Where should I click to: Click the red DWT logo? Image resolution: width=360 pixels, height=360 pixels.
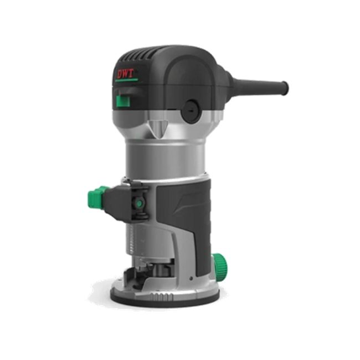click(125, 74)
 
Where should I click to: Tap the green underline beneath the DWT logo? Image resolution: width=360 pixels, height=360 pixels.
click(126, 80)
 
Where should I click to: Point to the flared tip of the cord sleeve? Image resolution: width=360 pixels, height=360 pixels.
click(284, 88)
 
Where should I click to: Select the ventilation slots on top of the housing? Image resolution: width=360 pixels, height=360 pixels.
click(140, 55)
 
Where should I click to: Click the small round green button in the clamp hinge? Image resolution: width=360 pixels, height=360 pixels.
click(139, 203)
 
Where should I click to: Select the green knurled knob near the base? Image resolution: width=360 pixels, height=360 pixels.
click(220, 264)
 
